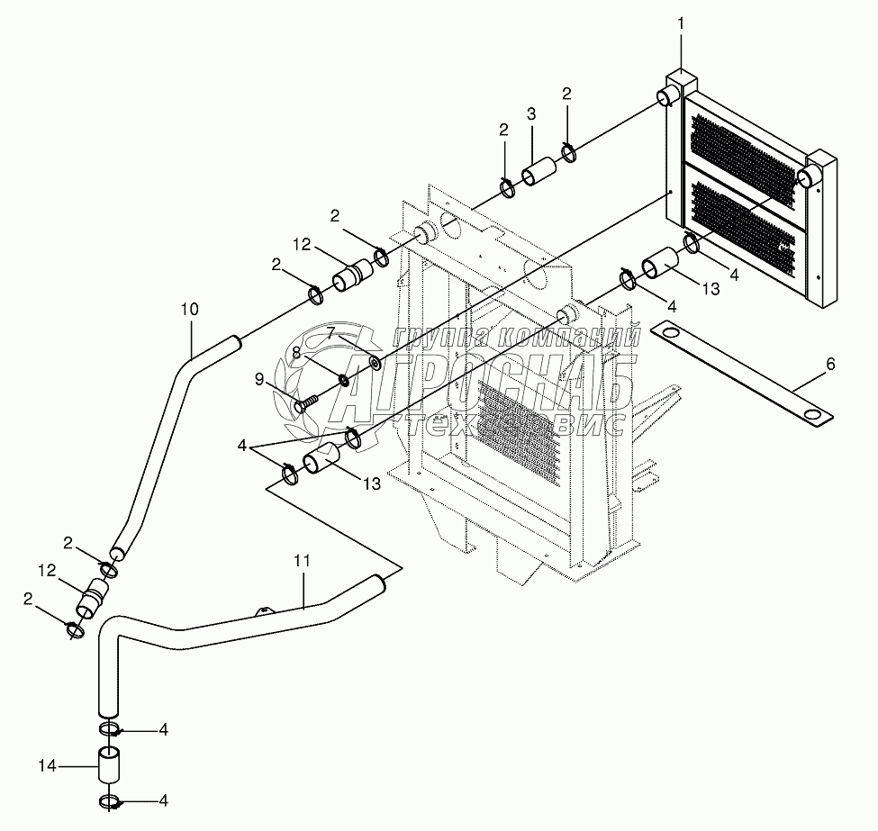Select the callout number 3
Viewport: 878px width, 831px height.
532,113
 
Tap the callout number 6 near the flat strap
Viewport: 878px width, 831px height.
830,364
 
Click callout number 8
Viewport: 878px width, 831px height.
295,354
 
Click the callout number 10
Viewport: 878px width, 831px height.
189,310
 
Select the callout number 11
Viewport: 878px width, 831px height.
302,560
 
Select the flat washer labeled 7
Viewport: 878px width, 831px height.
373,364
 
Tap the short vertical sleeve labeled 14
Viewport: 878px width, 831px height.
109,765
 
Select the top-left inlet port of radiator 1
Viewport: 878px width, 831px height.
671,95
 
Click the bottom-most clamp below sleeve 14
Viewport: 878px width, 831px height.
109,801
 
